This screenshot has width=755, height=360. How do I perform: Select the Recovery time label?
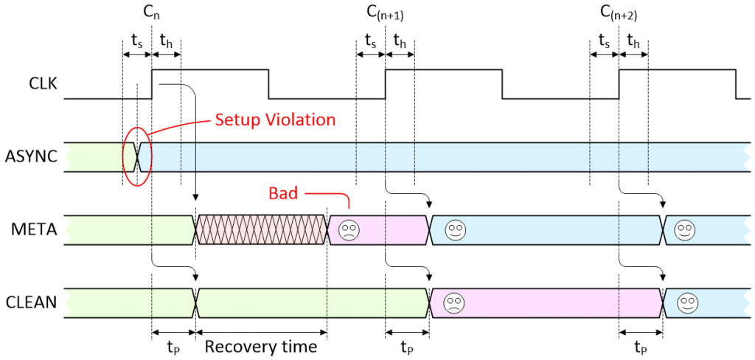261,346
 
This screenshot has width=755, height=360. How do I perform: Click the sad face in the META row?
347,230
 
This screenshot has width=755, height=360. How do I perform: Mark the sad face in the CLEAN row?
453,302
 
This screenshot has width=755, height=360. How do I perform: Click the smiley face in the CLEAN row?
688,302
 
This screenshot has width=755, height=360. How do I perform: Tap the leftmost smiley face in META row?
455,230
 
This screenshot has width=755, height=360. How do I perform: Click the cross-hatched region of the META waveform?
261,230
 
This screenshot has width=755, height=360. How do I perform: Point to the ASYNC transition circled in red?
137,157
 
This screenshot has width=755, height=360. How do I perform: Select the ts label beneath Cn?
136,41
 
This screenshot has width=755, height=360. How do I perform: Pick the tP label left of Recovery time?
173,346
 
